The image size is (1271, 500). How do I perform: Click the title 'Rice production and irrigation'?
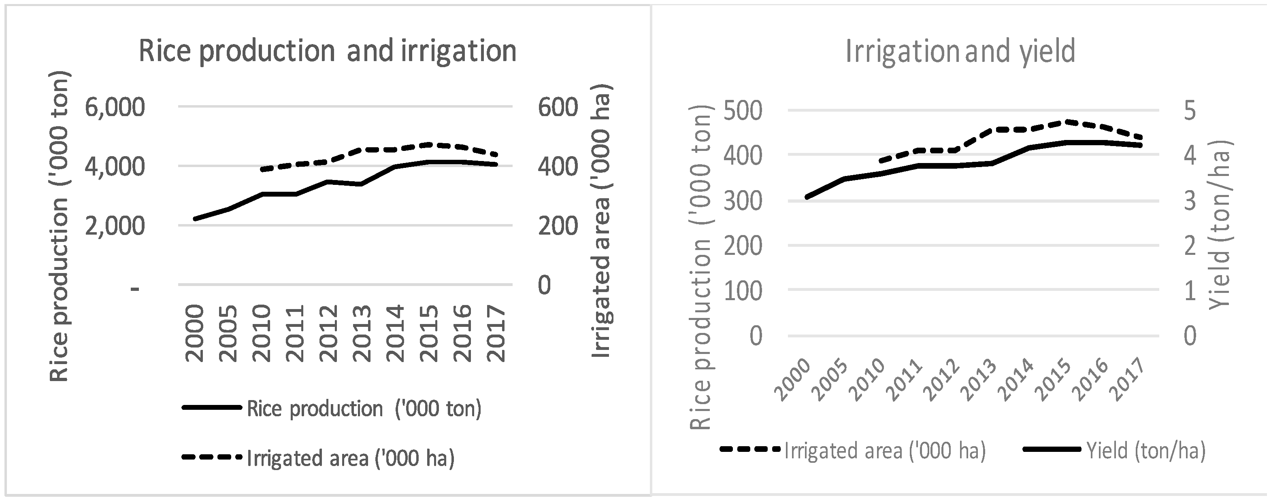327,51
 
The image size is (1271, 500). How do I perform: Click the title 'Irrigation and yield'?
960,51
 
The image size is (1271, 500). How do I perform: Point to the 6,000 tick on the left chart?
115,108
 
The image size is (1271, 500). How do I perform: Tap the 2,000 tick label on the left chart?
115,226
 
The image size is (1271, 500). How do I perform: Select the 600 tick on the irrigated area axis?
558,108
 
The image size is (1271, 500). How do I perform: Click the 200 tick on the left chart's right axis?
558,226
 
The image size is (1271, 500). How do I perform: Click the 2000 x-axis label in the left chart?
196,333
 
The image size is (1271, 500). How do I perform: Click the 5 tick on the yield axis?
1190,110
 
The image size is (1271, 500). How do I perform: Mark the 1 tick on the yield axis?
1190,291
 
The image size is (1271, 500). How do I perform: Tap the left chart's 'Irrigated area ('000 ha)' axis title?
601,220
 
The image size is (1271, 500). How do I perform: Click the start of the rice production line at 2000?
196,218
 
